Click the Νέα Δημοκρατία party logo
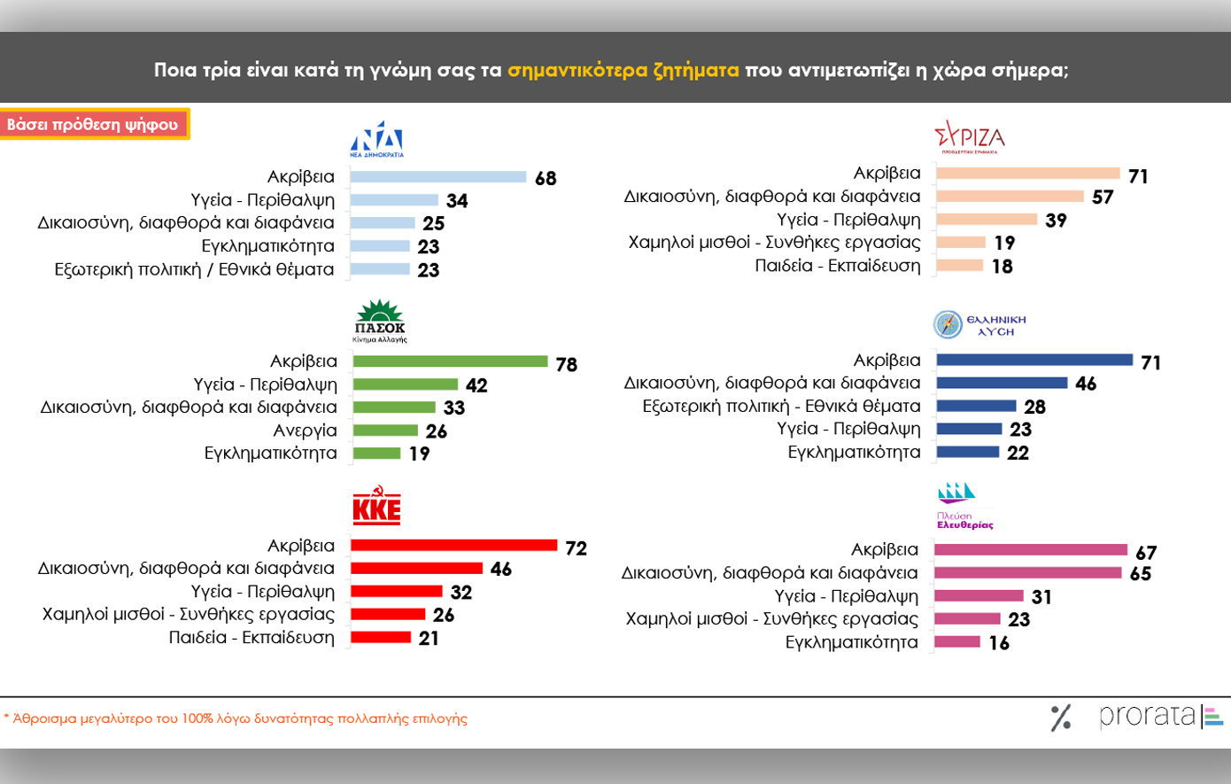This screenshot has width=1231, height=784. click(376, 139)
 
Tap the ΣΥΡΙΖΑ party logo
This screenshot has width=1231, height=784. click(970, 137)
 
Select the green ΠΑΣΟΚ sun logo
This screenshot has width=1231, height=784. click(379, 320)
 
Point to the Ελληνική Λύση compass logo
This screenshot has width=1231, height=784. click(948, 324)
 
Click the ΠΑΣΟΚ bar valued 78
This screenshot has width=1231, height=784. click(450, 361)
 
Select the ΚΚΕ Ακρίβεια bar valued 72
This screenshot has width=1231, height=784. click(453, 546)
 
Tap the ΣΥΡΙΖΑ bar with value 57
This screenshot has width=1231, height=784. click(1010, 197)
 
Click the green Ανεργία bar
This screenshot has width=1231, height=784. click(385, 431)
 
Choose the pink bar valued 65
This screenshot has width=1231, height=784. click(1028, 573)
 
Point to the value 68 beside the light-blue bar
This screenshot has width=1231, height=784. click(546, 179)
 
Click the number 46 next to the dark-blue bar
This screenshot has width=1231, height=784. click(1086, 384)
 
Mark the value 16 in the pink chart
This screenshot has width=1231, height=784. click(999, 644)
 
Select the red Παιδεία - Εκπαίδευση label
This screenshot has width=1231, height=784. click(252, 638)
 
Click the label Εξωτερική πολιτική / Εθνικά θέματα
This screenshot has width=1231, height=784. click(194, 269)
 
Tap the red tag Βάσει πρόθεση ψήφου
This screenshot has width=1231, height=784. click(93, 125)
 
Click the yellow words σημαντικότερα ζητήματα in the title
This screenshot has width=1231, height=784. click(623, 70)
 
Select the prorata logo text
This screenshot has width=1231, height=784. click(1147, 716)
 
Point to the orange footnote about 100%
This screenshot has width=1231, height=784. click(236, 718)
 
